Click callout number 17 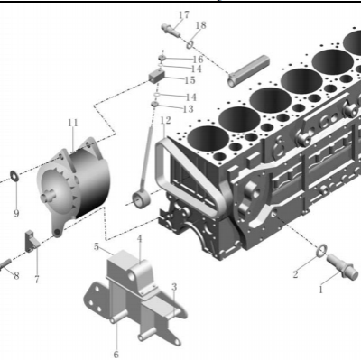[x=184, y=14]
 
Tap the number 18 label [x=200, y=25]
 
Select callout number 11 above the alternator [x=72, y=123]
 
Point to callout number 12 [x=165, y=120]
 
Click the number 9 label [x=16, y=213]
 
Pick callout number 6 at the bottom [x=116, y=355]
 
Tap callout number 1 [x=321, y=290]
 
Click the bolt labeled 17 [x=171, y=31]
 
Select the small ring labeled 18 [x=190, y=44]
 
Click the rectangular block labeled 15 [x=157, y=76]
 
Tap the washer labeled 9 [x=14, y=176]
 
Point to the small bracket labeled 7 [x=32, y=241]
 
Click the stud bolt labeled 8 [x=5, y=263]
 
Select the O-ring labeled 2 [x=322, y=250]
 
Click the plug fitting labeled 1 [x=342, y=266]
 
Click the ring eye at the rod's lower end [x=142, y=200]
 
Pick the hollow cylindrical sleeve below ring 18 [x=248, y=71]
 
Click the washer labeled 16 [x=162, y=57]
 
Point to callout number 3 [x=174, y=287]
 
